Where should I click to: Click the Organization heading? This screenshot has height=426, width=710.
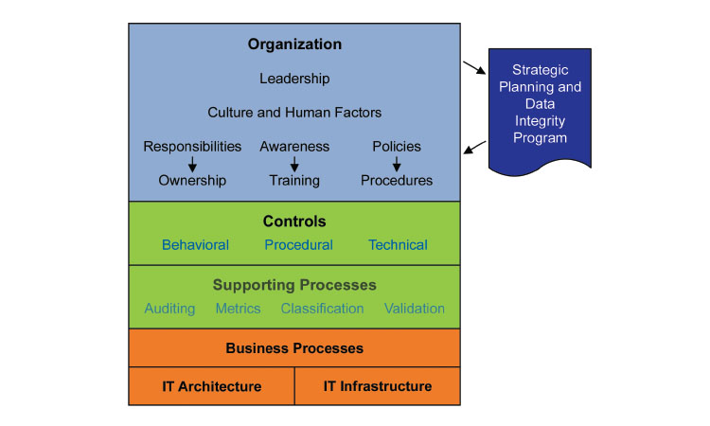click(294, 44)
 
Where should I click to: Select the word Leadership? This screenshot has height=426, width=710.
click(294, 79)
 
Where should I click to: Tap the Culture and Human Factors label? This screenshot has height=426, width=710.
click(294, 113)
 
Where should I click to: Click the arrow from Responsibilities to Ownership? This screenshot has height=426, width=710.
click(192, 164)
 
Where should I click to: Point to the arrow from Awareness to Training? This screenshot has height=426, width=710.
click(294, 164)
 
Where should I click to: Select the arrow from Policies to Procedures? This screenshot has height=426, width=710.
click(397, 164)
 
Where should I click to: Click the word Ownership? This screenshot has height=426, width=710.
click(192, 181)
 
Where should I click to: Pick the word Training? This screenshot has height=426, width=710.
click(294, 181)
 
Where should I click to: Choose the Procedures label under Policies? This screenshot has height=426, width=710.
click(397, 181)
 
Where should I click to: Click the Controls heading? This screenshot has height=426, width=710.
click(294, 222)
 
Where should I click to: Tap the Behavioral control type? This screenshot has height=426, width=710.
click(195, 245)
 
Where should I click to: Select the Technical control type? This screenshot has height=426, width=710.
click(398, 245)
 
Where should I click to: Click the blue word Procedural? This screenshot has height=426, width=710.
click(298, 245)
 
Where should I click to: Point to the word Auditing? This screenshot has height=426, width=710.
click(169, 309)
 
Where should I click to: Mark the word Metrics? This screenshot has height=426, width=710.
click(239, 309)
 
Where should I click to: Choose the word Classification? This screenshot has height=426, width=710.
click(322, 309)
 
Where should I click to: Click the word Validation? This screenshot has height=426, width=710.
click(415, 309)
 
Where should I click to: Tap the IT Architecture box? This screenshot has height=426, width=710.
click(211, 386)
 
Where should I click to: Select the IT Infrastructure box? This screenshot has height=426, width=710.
click(378, 386)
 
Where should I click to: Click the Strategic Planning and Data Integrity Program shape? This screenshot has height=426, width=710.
click(540, 104)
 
